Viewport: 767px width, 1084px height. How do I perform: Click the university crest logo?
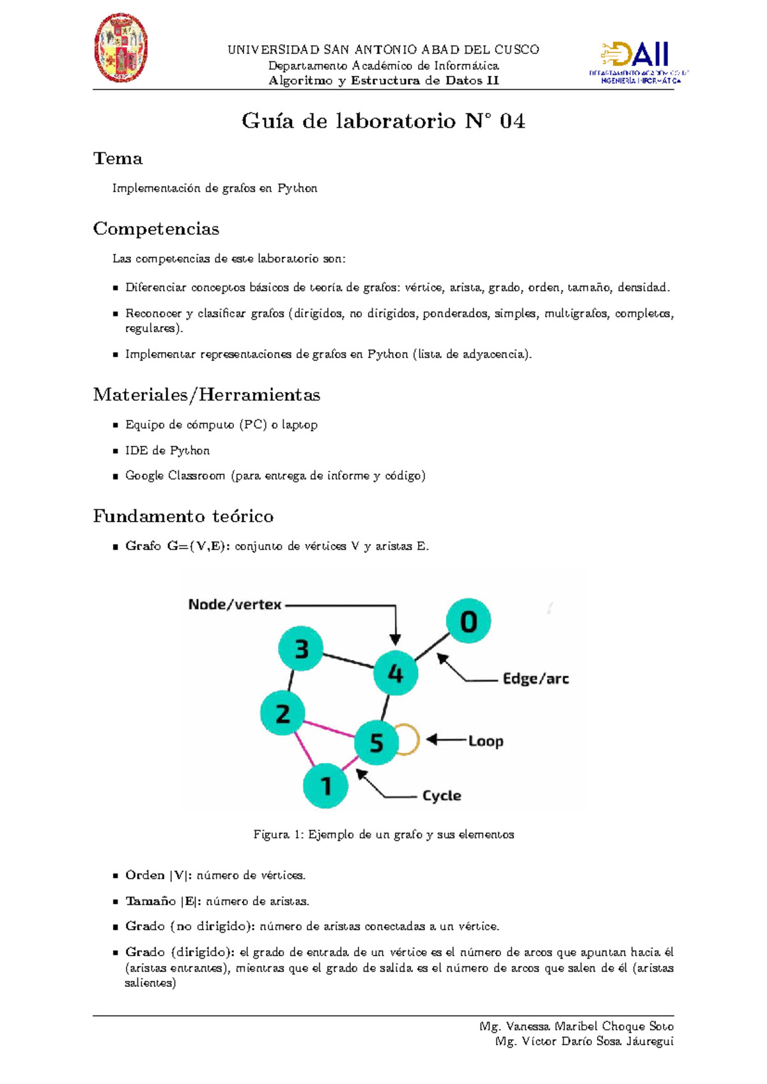pos(121,48)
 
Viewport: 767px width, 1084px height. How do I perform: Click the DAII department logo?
pos(638,62)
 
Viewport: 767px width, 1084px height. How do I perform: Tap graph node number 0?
pos(469,621)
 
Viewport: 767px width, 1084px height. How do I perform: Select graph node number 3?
pos(301,649)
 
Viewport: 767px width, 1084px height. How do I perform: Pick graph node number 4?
pos(396,673)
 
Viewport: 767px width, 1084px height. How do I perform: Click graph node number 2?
pos(283,713)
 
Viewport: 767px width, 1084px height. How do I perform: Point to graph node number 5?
pos(376,742)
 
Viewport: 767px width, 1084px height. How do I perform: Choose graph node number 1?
pos(326,786)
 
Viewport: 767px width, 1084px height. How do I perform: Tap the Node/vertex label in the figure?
pos(235,605)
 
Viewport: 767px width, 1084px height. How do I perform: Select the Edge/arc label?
pos(536,679)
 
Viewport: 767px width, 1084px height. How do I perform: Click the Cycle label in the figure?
pos(442,796)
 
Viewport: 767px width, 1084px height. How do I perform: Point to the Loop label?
pos(486,741)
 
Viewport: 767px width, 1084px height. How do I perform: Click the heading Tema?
pos(118,159)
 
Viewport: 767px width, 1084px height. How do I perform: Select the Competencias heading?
pos(156,229)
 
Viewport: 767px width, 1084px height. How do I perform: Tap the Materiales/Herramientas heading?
pos(206,395)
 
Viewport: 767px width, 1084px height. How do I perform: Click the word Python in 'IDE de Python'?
pos(190,451)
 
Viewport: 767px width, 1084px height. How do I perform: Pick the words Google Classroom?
pos(175,476)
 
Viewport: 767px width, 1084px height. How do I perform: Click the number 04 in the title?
pos(513,121)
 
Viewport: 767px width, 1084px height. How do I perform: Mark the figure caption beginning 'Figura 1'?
pos(383,834)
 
